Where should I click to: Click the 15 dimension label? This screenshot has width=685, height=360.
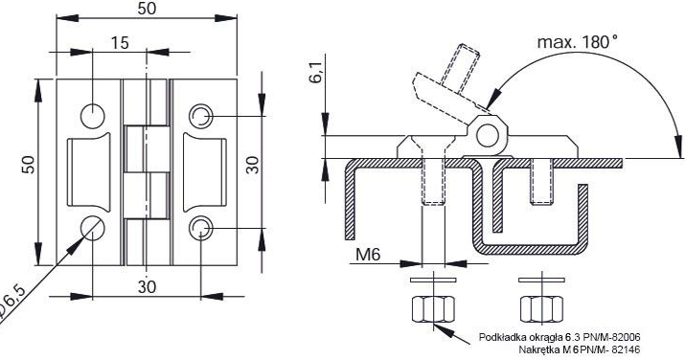pyautogui.click(x=119, y=43)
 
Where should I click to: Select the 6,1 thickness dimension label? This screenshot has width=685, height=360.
pyautogui.click(x=317, y=72)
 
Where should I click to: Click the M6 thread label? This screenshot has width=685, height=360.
pyautogui.click(x=368, y=254)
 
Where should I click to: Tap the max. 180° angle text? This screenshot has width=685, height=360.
pyautogui.click(x=578, y=42)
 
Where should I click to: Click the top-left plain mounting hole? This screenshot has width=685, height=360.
pyautogui.click(x=93, y=116)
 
